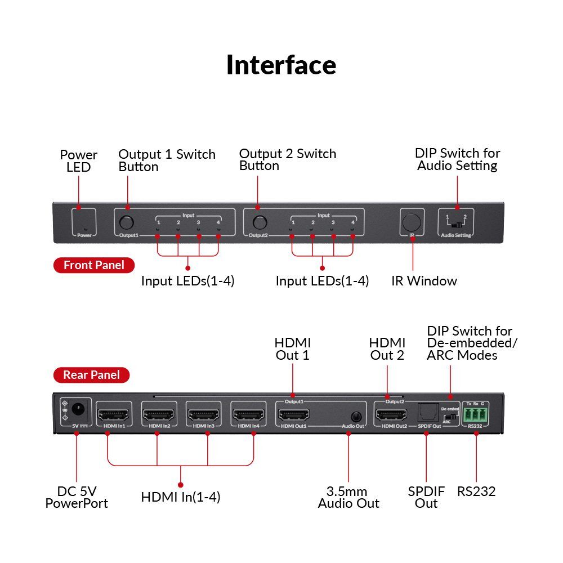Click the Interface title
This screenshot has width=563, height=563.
[x=281, y=65]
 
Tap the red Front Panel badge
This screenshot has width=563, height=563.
[x=93, y=265]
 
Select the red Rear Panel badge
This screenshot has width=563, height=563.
[x=91, y=374]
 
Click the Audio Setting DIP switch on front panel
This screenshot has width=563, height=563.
[x=457, y=225]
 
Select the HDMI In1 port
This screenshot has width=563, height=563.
[x=114, y=416]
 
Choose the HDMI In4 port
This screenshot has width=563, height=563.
[x=248, y=416]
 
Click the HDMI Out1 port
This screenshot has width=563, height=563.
[x=293, y=416]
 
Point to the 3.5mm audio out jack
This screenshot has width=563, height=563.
[x=356, y=417]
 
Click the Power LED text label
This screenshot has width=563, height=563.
[x=79, y=161]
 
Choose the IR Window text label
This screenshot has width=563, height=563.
[x=424, y=281]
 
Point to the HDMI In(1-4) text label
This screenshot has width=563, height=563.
[x=180, y=497]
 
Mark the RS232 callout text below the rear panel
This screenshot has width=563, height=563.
[x=476, y=491]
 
